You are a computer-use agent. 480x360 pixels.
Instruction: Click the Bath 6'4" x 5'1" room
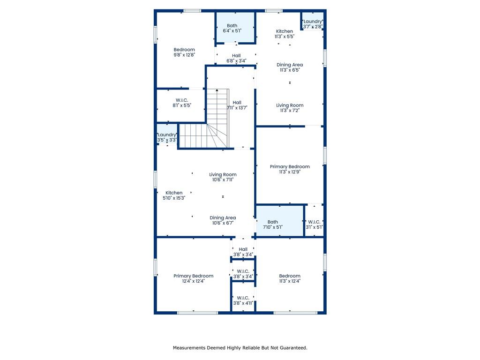[x=235, y=27]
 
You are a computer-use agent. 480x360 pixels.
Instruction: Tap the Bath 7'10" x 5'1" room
[x=280, y=220]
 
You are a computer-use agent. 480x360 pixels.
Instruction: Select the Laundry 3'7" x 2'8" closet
[x=313, y=21]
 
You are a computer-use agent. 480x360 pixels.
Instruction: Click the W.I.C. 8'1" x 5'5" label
[x=182, y=103]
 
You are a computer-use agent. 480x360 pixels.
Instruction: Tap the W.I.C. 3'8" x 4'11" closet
[x=243, y=296]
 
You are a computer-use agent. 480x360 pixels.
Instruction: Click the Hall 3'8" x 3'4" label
[x=243, y=252]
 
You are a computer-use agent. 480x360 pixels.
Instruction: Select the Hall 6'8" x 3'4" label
[x=236, y=58]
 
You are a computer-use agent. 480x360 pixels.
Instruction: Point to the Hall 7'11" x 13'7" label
[x=237, y=105]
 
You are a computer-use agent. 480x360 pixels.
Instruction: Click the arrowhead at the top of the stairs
[x=217, y=90]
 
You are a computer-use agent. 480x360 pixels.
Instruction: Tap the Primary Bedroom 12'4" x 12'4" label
[x=194, y=278]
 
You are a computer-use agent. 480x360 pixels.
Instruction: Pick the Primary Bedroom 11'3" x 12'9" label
[x=290, y=169]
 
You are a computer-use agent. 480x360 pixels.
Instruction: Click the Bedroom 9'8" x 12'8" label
[x=184, y=52]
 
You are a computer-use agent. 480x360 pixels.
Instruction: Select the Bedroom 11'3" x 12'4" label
[x=290, y=278]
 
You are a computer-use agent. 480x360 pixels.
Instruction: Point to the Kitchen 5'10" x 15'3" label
[x=174, y=195]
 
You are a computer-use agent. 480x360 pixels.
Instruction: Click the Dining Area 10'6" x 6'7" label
[x=223, y=220]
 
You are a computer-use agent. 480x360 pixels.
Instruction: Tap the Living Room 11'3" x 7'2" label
[x=290, y=108]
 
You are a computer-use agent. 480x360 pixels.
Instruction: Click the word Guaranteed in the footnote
[x=293, y=348]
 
